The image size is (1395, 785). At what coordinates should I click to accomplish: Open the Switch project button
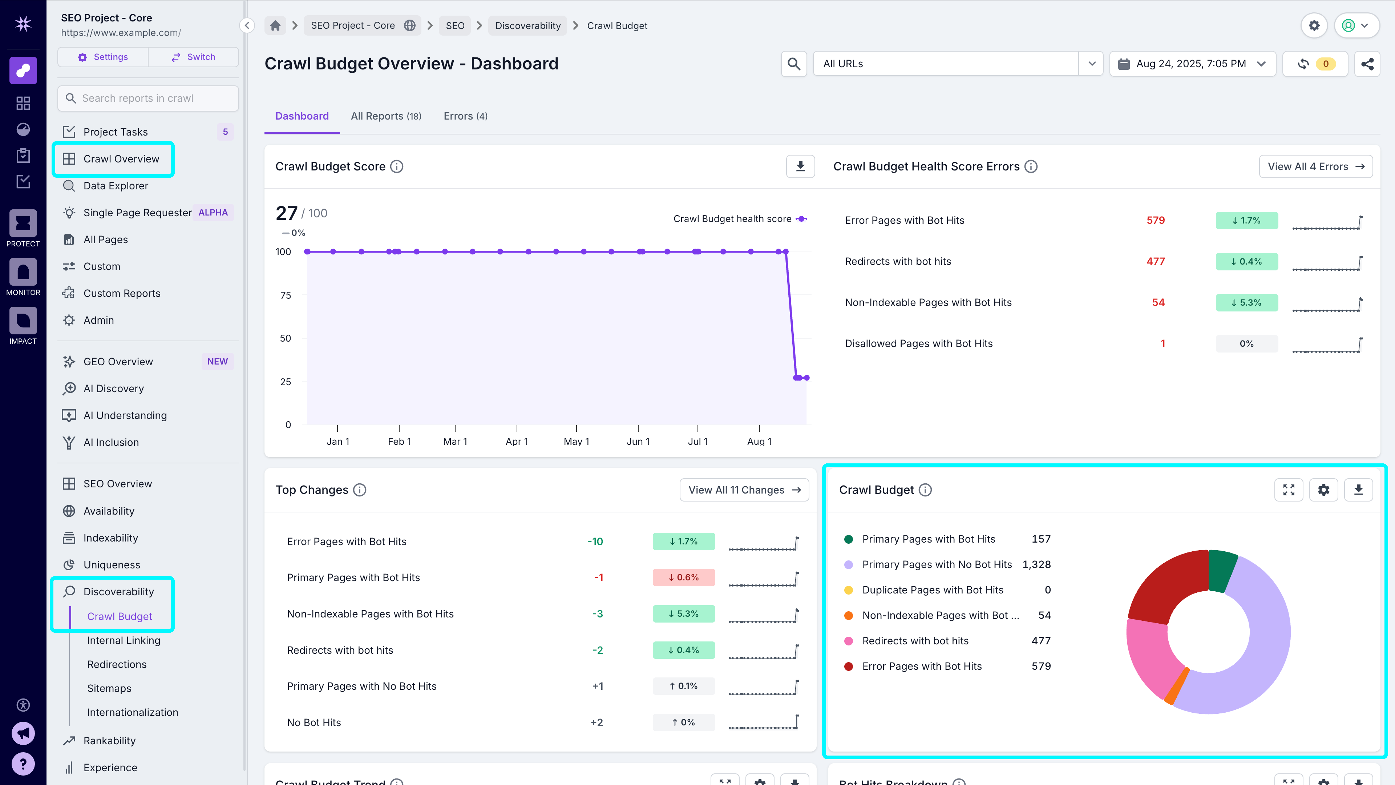point(193,57)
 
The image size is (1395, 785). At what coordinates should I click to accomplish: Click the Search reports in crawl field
point(148,98)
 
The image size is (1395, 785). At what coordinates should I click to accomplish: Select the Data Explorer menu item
point(116,186)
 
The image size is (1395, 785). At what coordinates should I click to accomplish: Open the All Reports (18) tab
point(385,116)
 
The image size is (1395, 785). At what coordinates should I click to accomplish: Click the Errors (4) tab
point(465,116)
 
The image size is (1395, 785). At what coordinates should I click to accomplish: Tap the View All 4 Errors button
point(1315,166)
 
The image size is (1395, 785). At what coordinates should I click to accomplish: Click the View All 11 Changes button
point(744,490)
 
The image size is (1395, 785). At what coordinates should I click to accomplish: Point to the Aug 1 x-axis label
point(759,442)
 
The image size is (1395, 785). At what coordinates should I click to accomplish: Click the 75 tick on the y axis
point(286,295)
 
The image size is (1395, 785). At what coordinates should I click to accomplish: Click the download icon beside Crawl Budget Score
point(800,166)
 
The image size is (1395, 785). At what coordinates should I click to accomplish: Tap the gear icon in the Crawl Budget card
point(1323,490)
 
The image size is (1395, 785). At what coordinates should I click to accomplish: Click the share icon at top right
point(1367,64)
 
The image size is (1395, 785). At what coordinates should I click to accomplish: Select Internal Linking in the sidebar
point(124,640)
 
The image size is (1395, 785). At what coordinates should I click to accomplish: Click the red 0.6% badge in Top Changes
point(683,577)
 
